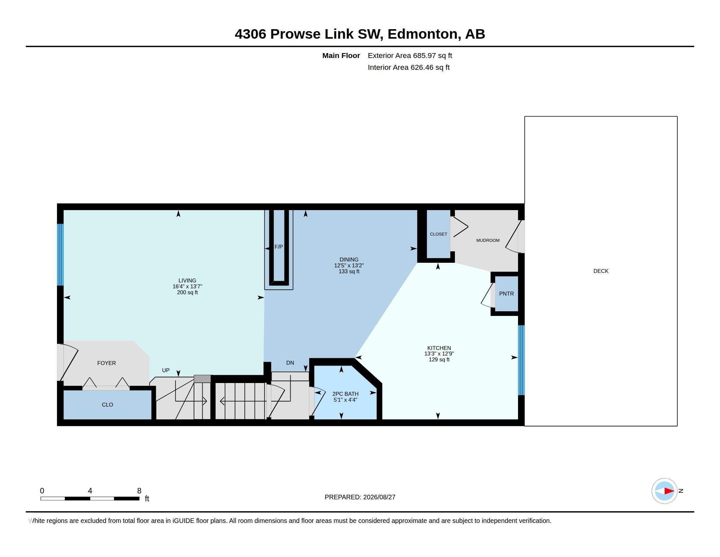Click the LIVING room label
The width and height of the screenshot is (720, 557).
click(x=187, y=280)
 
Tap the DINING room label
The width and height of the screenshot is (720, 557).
click(x=349, y=259)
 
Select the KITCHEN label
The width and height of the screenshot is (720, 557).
click(x=439, y=348)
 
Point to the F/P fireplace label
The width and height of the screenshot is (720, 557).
click(x=279, y=247)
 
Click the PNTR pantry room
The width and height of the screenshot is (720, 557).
click(x=506, y=294)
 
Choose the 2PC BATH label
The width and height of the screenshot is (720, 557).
click(x=345, y=394)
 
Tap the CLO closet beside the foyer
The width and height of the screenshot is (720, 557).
click(x=107, y=405)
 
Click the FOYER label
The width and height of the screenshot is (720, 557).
click(x=106, y=363)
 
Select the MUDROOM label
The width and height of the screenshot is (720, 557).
click(x=488, y=240)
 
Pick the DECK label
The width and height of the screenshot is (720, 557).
click(x=601, y=271)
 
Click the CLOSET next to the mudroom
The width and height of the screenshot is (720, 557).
click(x=439, y=234)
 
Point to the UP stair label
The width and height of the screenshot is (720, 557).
click(x=166, y=370)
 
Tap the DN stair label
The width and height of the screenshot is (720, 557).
click(x=290, y=363)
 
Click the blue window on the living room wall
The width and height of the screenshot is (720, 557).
click(x=60, y=254)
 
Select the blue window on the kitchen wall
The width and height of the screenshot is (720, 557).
click(x=521, y=360)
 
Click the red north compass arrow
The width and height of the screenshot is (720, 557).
click(x=669, y=491)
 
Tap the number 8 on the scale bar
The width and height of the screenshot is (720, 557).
click(x=139, y=491)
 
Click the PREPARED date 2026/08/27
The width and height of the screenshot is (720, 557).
click(x=379, y=497)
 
